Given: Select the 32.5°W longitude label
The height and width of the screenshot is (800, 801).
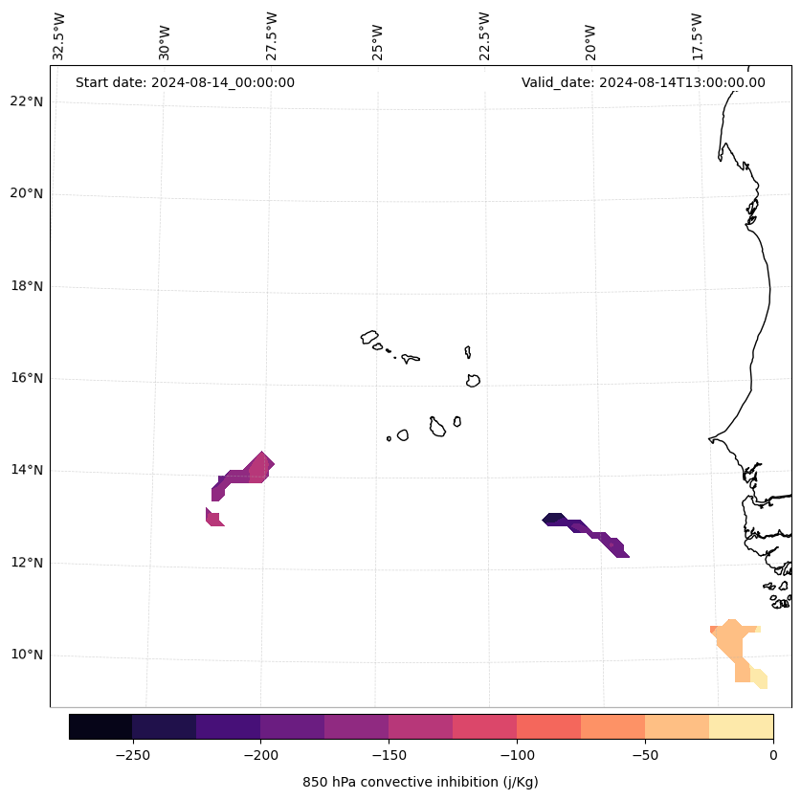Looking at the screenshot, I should [x=59, y=36].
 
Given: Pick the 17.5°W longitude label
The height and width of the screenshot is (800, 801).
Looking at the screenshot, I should [x=697, y=36].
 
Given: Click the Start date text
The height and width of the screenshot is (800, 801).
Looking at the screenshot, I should [x=185, y=82].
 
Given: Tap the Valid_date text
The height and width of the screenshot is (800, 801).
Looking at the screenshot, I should [x=643, y=82].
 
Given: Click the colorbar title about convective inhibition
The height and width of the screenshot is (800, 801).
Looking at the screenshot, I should [x=420, y=782].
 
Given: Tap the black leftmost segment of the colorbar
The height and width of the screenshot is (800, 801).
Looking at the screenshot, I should [x=100, y=726].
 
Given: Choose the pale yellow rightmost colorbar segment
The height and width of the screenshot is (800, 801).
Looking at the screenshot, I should [x=741, y=726].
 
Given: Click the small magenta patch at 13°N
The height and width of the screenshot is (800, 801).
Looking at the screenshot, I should [x=213, y=518].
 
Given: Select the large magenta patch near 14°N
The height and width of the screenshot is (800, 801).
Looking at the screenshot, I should [x=244, y=474].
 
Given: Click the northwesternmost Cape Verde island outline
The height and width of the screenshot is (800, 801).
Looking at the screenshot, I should [x=369, y=337].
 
